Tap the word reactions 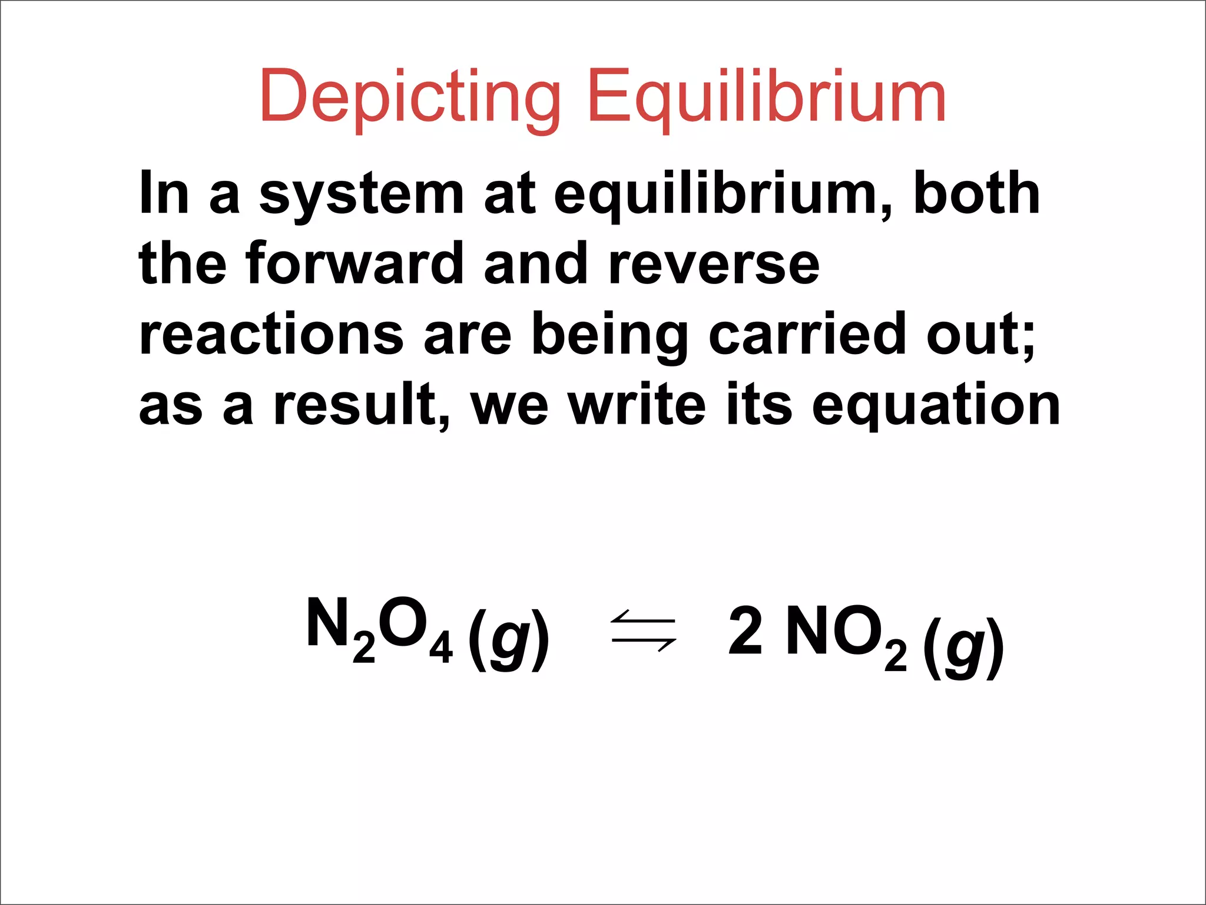point(271,335)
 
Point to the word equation point(936,407)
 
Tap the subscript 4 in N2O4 point(440,648)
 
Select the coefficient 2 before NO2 point(746,631)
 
